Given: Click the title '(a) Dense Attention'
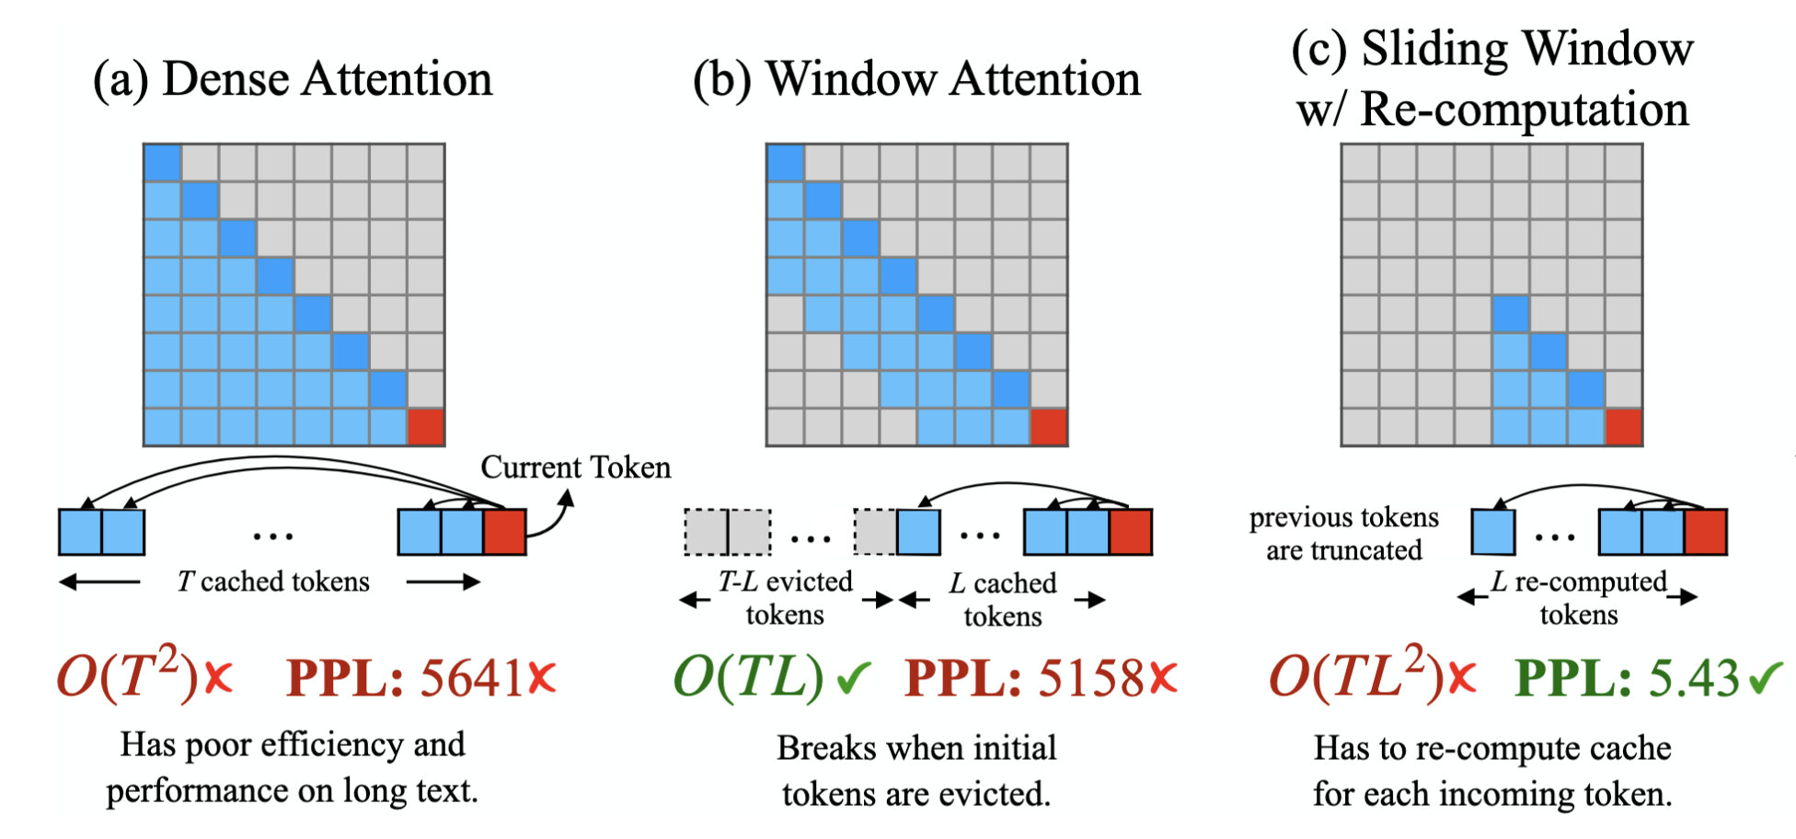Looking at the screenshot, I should (x=293, y=79).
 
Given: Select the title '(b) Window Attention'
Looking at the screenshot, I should (x=916, y=79).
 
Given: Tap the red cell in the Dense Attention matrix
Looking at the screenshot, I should (x=425, y=428).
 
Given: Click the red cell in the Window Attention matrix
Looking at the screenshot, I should (x=1048, y=428).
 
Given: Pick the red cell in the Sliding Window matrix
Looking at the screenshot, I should (x=1623, y=428).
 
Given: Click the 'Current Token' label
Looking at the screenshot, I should (x=576, y=467).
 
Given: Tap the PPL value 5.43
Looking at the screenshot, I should (x=1693, y=679).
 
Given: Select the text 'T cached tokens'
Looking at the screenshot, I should (x=273, y=581).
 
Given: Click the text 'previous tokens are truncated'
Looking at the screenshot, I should (x=1343, y=534).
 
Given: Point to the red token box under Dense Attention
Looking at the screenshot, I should (x=504, y=532).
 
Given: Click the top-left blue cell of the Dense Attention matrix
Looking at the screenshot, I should (x=163, y=163).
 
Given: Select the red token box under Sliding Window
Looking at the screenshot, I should (x=1706, y=532).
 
